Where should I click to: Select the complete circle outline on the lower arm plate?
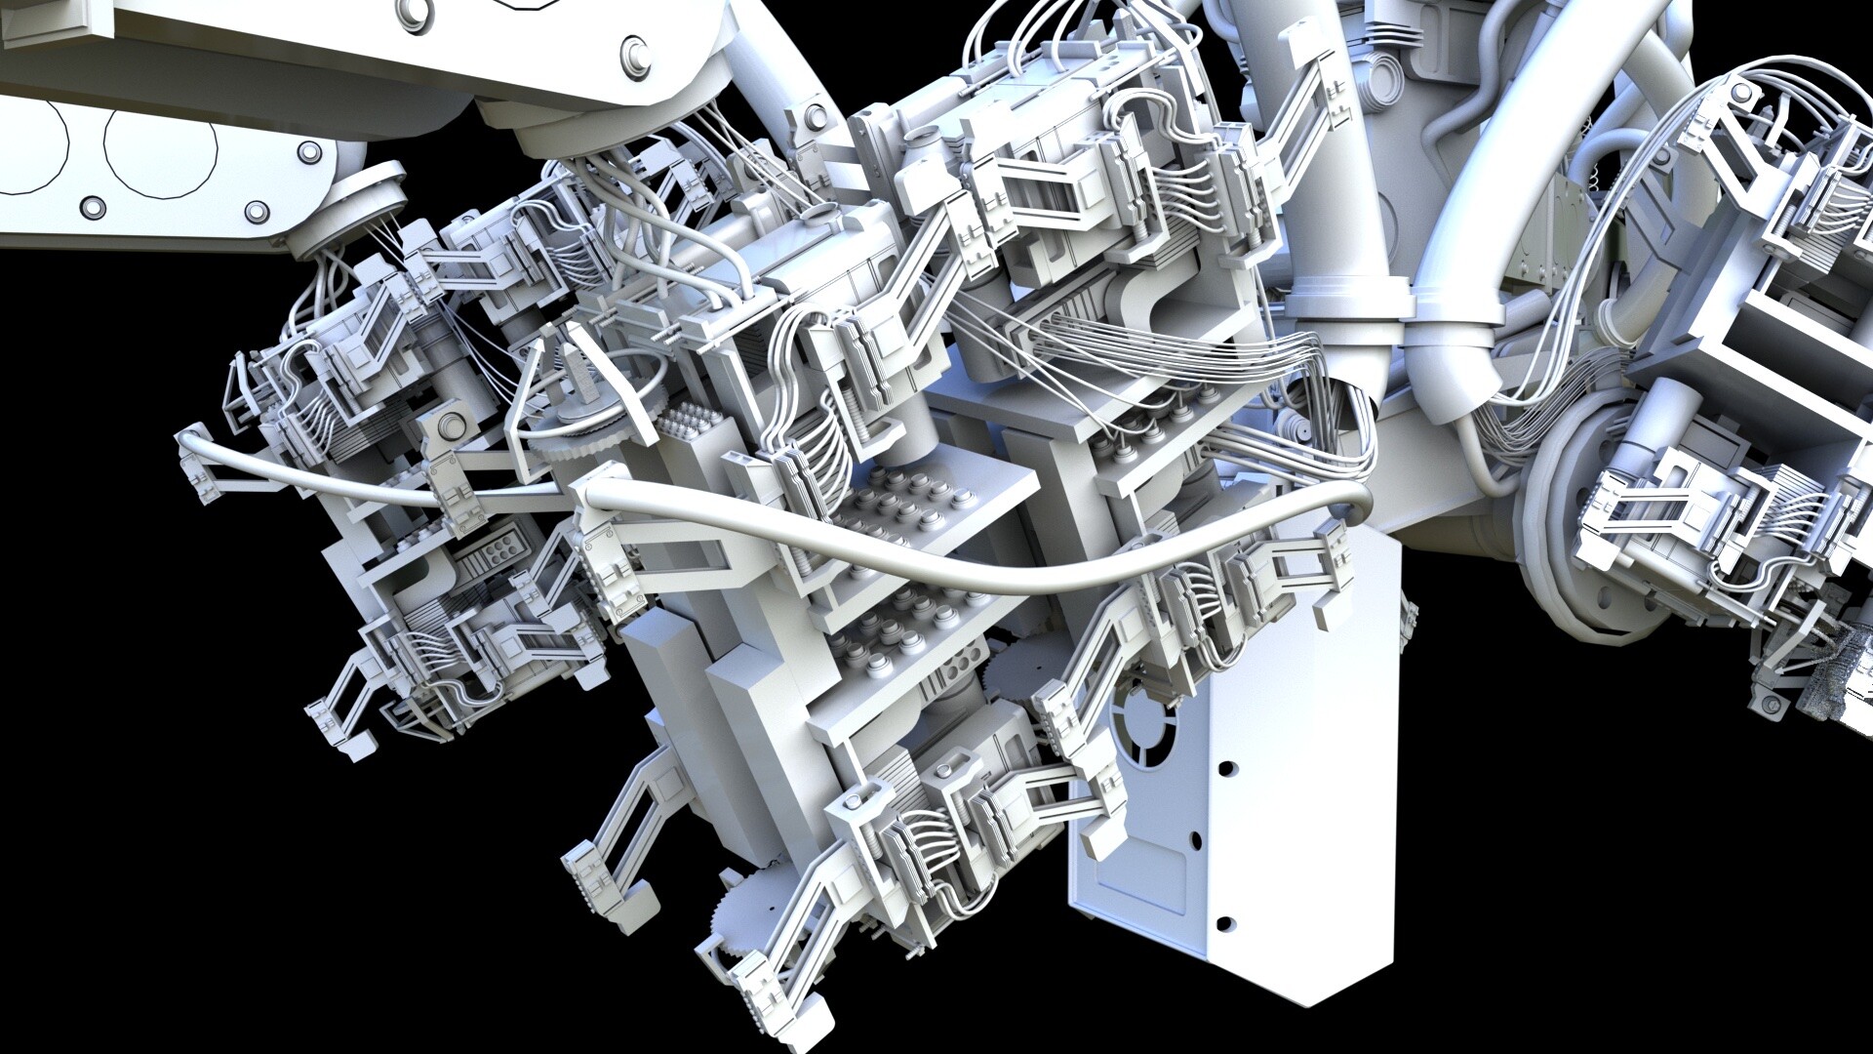coord(160,146)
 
